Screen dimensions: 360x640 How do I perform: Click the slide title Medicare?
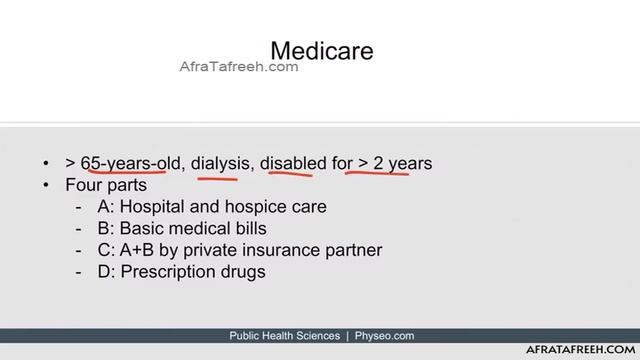click(322, 49)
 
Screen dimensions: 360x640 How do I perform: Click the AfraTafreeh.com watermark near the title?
click(238, 67)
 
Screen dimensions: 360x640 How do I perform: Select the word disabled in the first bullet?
click(294, 162)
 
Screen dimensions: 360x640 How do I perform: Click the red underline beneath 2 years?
click(377, 173)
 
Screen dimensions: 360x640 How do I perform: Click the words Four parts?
click(106, 185)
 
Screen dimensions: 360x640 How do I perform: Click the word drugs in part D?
click(242, 271)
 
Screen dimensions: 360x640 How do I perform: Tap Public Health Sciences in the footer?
click(285, 336)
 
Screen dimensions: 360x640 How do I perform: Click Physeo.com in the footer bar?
click(384, 336)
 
